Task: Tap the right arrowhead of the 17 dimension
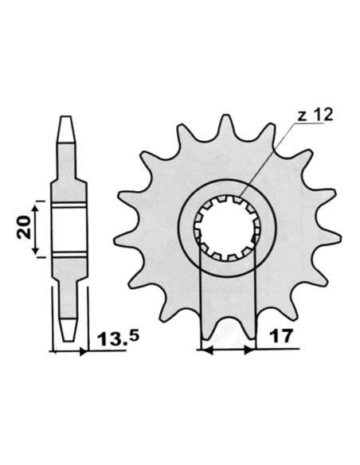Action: click(249, 349)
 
